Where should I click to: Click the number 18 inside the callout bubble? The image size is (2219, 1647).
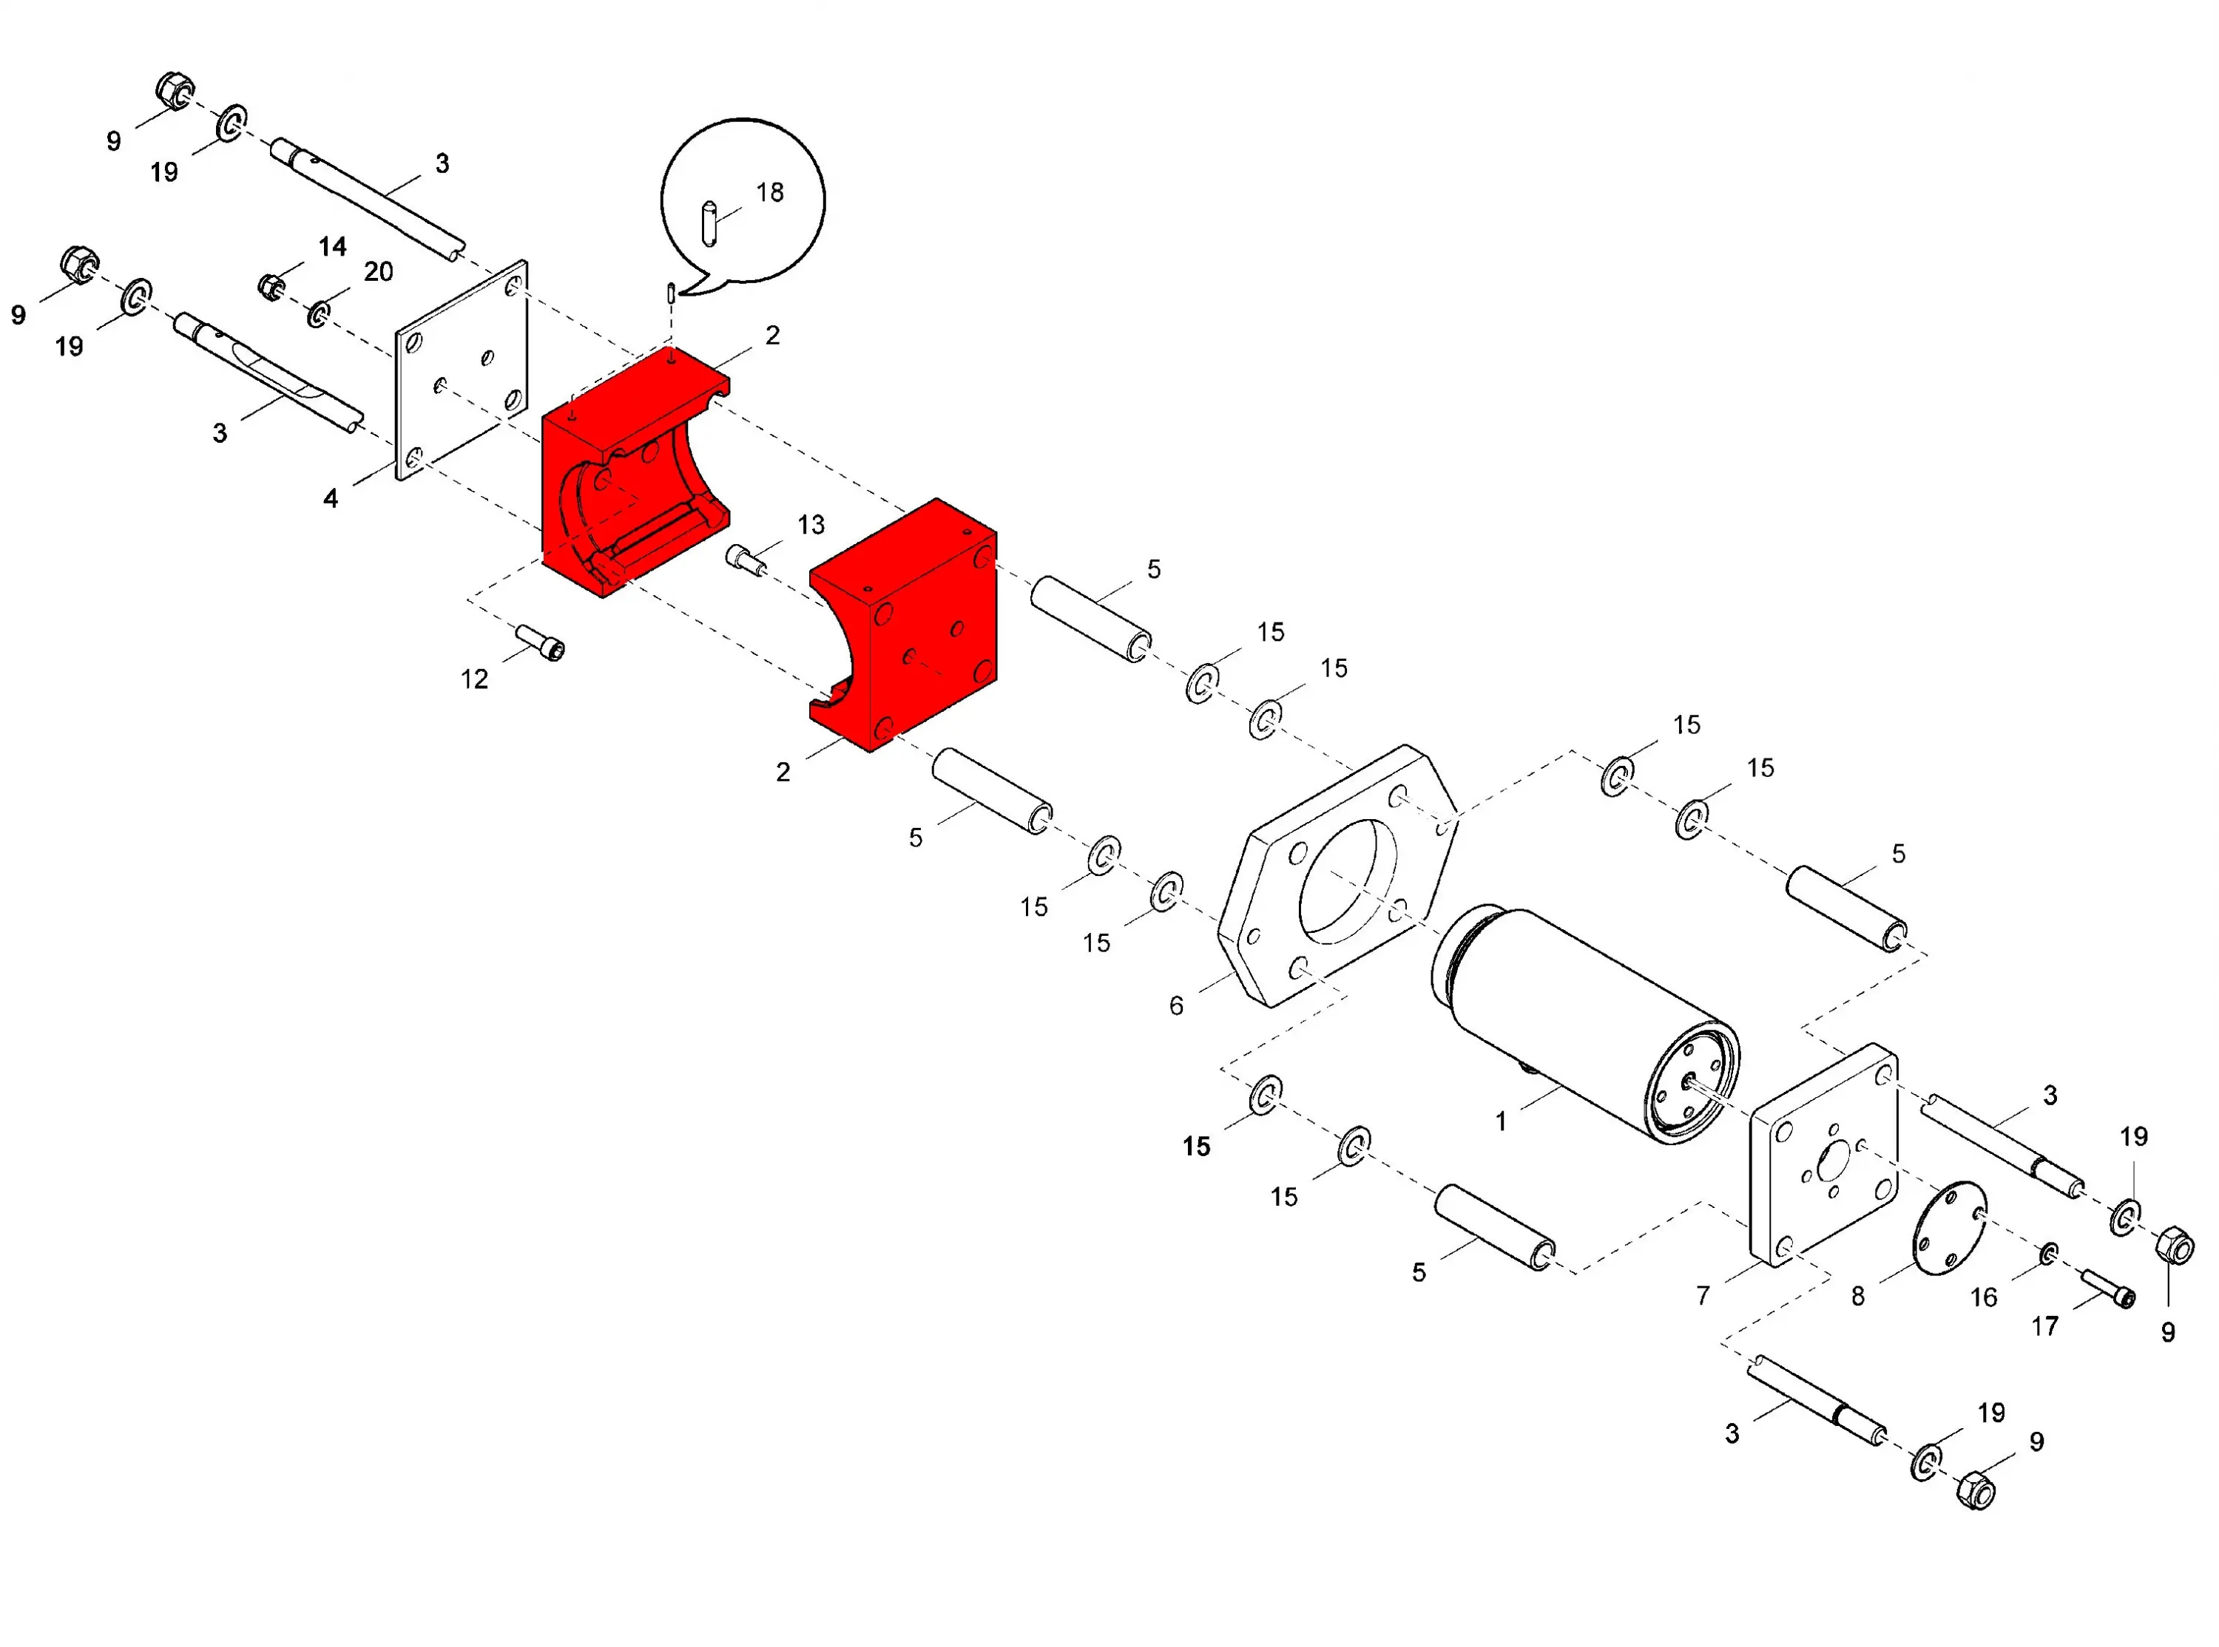(770, 192)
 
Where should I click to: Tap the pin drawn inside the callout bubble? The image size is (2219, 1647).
(709, 223)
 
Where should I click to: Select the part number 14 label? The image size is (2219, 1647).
(332, 246)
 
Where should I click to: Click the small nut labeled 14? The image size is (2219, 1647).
(270, 286)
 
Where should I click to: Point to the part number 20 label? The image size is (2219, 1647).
(378, 271)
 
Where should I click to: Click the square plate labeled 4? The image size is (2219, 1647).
(462, 370)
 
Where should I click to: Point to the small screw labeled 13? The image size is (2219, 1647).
(745, 560)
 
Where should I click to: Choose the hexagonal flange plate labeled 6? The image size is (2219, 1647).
(1337, 876)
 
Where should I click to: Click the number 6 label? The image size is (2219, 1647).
(1176, 1006)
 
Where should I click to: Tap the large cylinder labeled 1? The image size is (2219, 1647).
(1586, 1024)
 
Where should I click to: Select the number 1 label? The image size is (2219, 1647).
(1500, 1121)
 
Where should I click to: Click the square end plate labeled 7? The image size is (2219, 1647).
(1824, 1155)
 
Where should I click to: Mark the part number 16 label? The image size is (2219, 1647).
(1984, 1297)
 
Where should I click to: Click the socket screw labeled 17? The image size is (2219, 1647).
(2107, 1287)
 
